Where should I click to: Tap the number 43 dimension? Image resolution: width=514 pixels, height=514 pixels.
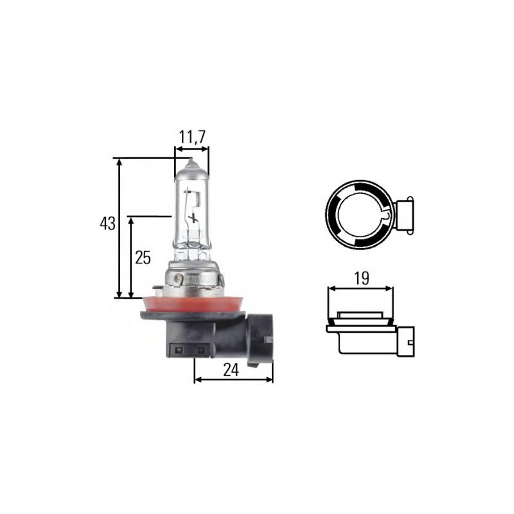[x=107, y=224]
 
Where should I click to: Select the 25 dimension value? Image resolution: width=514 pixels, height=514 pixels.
[x=143, y=258]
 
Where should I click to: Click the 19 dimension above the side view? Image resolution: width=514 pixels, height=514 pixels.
[x=360, y=278]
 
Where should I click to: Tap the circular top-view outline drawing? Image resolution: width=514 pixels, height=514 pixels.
[x=359, y=213]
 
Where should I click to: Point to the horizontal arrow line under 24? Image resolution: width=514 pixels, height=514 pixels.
[x=233, y=379]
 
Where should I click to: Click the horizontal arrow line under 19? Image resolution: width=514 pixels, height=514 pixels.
[x=360, y=289]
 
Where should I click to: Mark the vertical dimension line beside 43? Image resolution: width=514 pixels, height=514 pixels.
[x=119, y=228]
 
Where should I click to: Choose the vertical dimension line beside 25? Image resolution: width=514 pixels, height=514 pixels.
[x=131, y=257]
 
